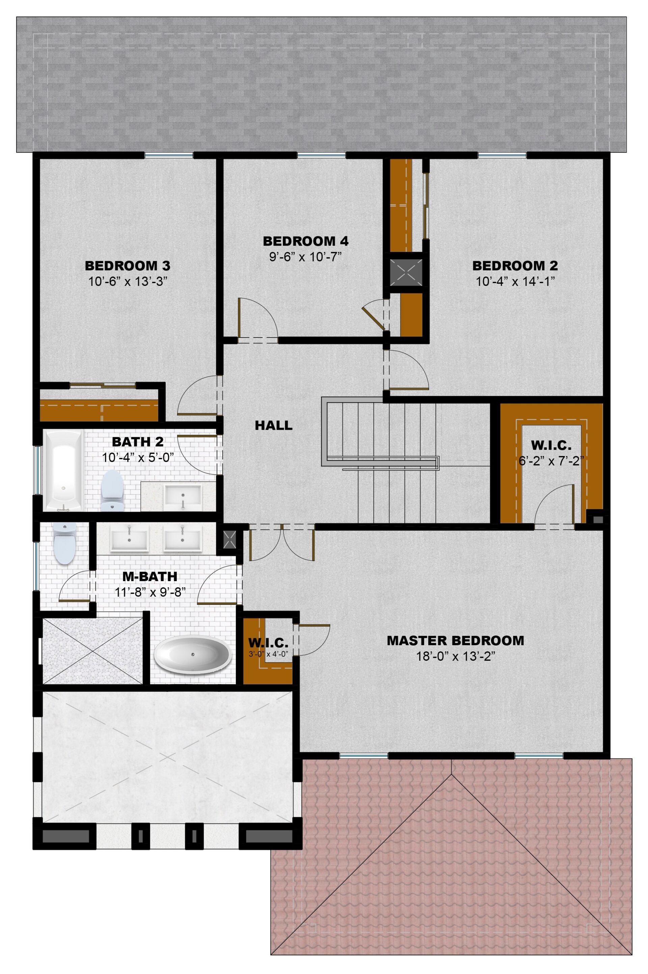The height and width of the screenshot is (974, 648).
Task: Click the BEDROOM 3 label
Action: [x=127, y=266]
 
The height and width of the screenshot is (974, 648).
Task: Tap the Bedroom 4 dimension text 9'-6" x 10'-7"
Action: [x=305, y=257]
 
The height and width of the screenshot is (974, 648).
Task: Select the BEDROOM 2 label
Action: [x=515, y=266]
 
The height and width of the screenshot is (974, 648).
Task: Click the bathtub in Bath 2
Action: [x=63, y=471]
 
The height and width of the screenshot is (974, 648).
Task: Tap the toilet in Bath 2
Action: [x=112, y=491]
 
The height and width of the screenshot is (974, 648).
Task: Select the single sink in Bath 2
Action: [x=183, y=496]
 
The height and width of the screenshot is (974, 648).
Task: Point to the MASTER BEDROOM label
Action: [x=455, y=641]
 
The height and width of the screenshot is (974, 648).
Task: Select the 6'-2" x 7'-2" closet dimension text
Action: [x=551, y=461]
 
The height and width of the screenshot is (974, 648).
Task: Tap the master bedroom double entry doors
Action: [x=282, y=542]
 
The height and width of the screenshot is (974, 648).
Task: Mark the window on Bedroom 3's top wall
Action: [x=169, y=155]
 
